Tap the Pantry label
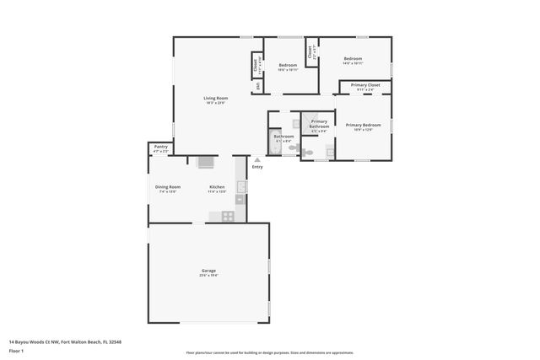click(160, 147)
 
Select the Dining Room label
click(167, 186)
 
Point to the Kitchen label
click(217, 186)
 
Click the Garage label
click(208, 271)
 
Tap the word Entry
click(257, 166)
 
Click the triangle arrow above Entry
click(257, 159)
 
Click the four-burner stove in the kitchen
click(228, 216)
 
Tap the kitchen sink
click(240, 187)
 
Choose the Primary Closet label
click(365, 85)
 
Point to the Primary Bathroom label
click(319, 123)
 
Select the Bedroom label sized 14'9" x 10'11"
click(352, 58)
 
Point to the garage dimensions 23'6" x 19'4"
click(208, 275)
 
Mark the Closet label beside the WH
click(256, 64)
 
